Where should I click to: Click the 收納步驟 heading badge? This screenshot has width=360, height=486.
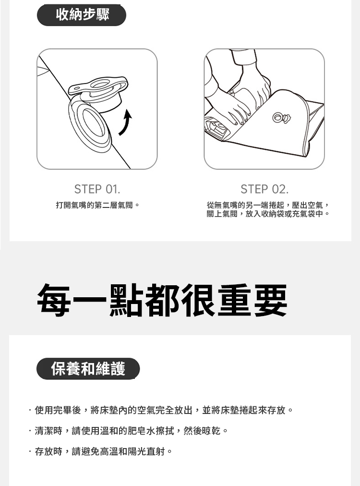point(82,15)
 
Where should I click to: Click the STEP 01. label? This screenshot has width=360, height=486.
point(97,189)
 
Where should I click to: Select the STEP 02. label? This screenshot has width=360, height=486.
point(264,189)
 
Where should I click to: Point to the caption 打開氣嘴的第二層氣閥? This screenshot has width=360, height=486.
point(97,205)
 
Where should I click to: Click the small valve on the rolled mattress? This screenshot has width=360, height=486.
point(281,118)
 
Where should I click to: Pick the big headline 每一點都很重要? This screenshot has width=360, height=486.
point(162,300)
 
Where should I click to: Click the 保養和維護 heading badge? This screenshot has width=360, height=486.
point(88,368)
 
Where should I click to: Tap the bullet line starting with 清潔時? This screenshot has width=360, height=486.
point(128,430)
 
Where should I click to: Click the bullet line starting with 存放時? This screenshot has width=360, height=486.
point(100,451)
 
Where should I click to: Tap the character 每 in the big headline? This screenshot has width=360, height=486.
point(55,300)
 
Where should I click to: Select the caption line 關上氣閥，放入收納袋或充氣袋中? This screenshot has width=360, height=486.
point(268,214)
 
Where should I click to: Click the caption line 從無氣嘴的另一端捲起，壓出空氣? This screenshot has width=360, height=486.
point(268,205)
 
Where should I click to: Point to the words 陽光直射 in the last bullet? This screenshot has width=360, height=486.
point(146,451)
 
